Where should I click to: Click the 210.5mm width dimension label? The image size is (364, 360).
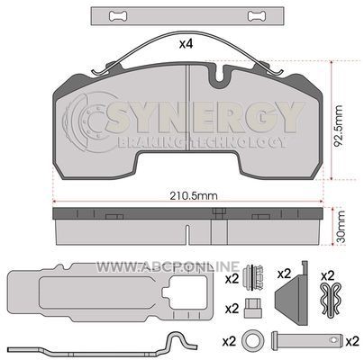tap(194, 196)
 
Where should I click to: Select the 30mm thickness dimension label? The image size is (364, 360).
tap(341, 227)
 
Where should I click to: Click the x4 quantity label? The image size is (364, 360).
tap(186, 44)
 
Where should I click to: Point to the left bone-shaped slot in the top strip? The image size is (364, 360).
tap(119, 16)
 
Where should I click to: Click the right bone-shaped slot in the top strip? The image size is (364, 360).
tap(257, 16)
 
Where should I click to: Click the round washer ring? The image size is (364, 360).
tap(251, 340)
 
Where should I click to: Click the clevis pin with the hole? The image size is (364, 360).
tap(307, 340)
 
